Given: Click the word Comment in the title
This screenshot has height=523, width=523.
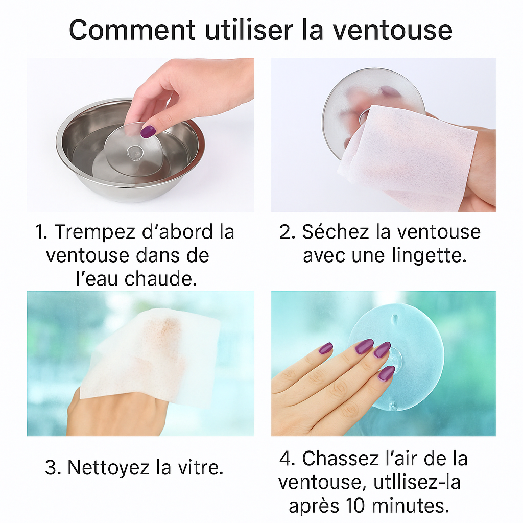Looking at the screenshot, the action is (132, 30).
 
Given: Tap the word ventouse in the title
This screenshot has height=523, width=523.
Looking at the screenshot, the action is (393, 31).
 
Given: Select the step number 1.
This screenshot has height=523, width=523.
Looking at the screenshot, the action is (41, 232).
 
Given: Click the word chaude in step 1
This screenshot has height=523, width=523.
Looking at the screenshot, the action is (161, 279).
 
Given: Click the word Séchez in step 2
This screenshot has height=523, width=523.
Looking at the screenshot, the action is (335, 232).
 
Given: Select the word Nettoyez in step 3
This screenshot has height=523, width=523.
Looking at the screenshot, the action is (108, 468).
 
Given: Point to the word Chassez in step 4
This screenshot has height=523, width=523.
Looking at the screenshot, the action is (341, 459).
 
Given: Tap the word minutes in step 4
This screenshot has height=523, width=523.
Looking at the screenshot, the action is (410, 506).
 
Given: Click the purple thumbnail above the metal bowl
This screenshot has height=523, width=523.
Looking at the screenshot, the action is (148, 131).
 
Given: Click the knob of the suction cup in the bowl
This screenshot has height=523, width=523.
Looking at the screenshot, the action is (135, 153).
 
